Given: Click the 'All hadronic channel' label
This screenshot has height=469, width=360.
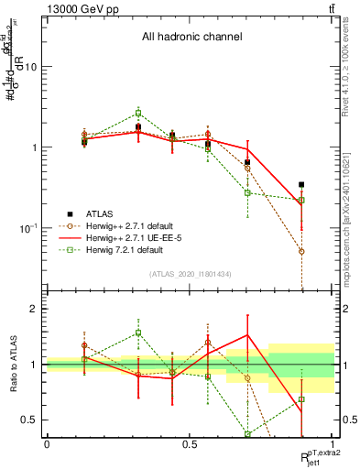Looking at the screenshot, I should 191,38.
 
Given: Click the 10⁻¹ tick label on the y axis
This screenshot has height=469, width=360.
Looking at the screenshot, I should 27,227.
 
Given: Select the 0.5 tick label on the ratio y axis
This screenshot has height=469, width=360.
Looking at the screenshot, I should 29,420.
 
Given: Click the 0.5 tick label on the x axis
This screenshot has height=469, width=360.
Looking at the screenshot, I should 190,443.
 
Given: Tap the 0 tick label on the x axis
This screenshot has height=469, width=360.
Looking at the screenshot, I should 47,443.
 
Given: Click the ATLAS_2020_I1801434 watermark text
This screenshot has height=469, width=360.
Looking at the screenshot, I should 191,274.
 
